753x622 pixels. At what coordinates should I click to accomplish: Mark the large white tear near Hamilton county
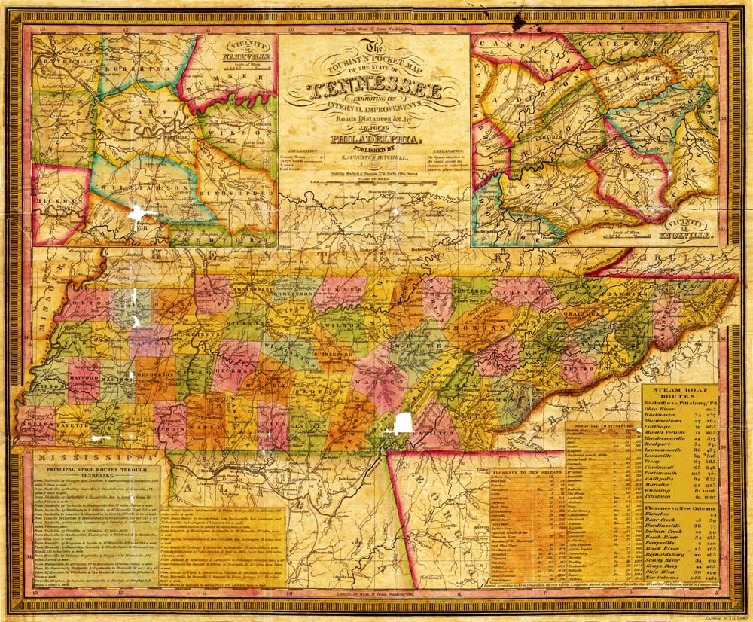(x=404, y=422)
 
